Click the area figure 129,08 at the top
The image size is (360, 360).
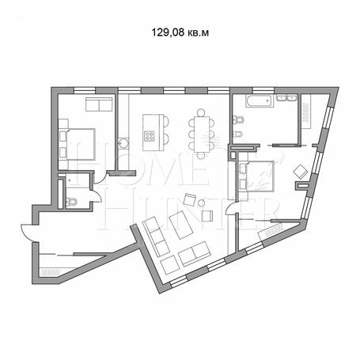(x=168, y=32)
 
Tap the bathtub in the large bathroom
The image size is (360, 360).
(x=260, y=101)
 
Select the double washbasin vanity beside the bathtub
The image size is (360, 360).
(x=287, y=97)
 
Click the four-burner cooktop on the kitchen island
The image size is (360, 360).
(x=150, y=136)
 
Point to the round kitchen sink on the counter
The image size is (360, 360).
(x=123, y=143)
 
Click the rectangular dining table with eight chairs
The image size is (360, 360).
(x=202, y=134)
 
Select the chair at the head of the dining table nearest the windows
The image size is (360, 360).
(x=201, y=113)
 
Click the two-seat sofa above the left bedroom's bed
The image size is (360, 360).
(x=99, y=104)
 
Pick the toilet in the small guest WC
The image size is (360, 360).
(x=71, y=202)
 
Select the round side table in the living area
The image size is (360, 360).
(x=202, y=203)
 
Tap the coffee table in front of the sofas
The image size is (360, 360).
(x=181, y=225)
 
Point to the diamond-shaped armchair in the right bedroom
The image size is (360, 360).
(x=301, y=172)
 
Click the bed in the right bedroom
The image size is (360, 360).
(x=260, y=176)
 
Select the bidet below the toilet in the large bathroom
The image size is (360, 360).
(x=237, y=135)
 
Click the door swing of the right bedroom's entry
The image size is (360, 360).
(x=230, y=207)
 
